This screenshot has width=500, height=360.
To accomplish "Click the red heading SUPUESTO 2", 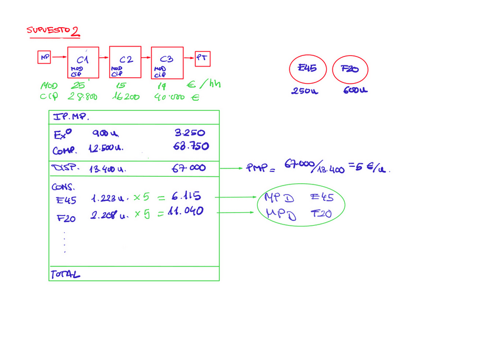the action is (x=53, y=30).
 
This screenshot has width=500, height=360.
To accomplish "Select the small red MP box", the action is (x=45, y=57).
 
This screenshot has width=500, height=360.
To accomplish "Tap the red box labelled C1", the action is (x=83, y=62).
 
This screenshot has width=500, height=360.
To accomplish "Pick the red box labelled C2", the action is (x=125, y=61).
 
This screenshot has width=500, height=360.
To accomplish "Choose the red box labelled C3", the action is (x=167, y=62).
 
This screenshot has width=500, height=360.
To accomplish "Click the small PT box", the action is (x=203, y=58).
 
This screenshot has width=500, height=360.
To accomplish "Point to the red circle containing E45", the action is (x=307, y=69).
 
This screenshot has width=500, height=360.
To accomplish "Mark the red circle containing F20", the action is (x=350, y=70).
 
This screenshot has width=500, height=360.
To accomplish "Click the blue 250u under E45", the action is (x=304, y=91).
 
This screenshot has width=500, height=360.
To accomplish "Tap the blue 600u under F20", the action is (x=356, y=91).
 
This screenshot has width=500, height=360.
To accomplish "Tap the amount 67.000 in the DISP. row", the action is (x=189, y=169).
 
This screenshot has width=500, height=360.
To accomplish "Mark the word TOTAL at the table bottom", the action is (x=65, y=274).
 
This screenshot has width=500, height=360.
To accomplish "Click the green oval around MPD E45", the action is (x=301, y=206).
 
